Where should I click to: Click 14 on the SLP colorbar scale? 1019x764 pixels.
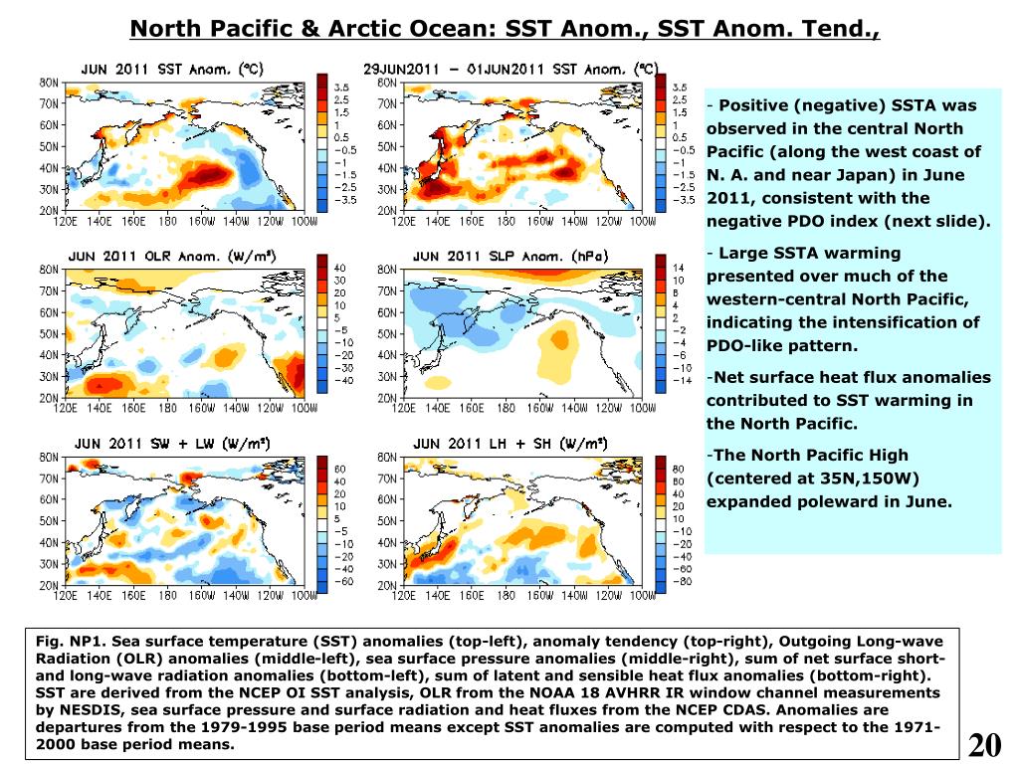(680, 268)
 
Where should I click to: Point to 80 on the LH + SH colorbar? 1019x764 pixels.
(680, 468)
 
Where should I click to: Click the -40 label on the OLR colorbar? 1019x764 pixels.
(340, 380)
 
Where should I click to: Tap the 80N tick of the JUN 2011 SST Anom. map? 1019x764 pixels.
(48, 82)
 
